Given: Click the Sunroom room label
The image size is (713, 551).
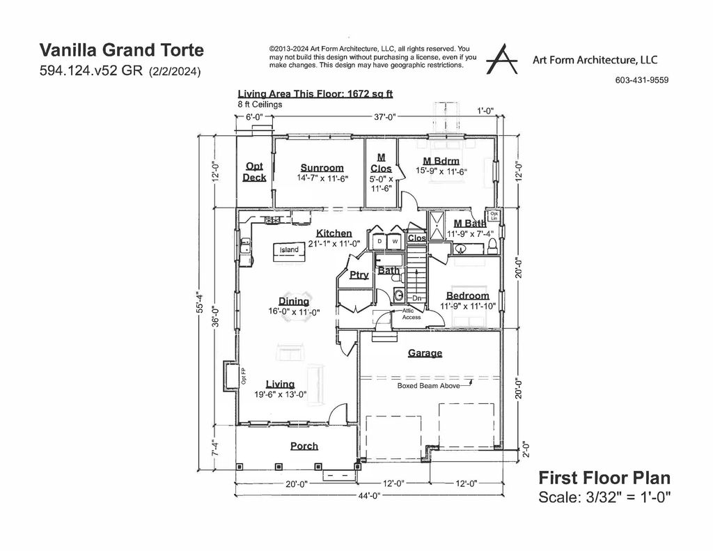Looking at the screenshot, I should point(322,168).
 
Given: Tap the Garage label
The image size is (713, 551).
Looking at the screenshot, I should point(425,353).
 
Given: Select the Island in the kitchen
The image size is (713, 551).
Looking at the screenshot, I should point(289,250).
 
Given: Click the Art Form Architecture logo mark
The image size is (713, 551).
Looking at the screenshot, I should point(502,59).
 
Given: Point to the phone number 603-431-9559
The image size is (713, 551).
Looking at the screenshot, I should point(641,80).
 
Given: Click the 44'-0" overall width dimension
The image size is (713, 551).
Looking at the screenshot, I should point(368,496).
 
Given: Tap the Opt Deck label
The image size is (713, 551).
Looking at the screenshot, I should point(254,172).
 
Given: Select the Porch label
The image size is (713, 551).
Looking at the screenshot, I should point(304,446).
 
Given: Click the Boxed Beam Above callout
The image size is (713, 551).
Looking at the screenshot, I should point(428,385).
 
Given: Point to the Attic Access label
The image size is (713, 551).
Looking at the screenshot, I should point(412,314).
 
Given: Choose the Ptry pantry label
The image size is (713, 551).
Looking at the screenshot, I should point(359,275).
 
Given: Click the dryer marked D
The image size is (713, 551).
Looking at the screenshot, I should point(379,242).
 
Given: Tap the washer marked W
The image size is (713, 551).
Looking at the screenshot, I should point(395,242).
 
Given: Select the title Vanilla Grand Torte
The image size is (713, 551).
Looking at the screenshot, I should point(122,50).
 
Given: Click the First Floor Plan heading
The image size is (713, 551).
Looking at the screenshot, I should point(604,478).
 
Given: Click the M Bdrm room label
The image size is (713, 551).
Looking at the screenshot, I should point(441,162).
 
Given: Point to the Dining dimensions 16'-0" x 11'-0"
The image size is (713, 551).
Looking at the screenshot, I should point(294,312).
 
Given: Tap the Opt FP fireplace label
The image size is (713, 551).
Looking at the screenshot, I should point(244,377).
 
